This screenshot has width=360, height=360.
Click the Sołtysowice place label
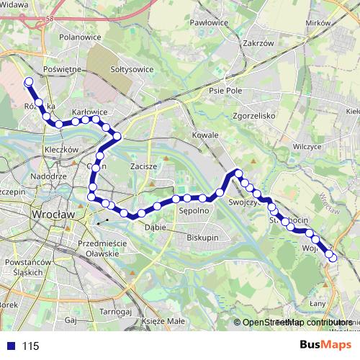130,69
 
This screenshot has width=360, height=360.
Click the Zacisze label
143,166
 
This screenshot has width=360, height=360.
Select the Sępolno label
193,212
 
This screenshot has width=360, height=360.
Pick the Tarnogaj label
114,312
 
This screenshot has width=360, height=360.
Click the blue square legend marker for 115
11,346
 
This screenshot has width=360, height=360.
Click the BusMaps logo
330,345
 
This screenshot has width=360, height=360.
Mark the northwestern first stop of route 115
29,82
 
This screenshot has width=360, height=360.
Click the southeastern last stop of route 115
331,256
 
